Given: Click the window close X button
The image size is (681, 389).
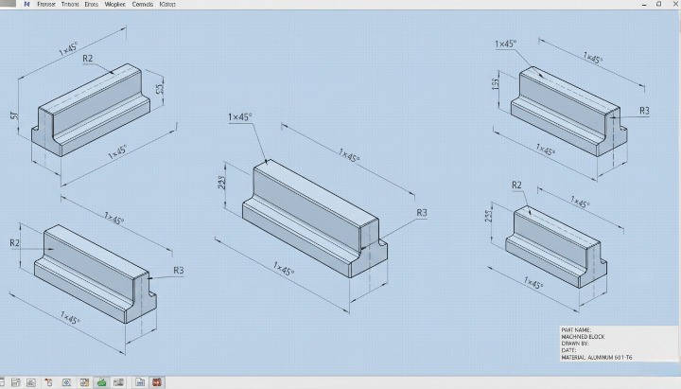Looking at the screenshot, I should (x=672, y=5).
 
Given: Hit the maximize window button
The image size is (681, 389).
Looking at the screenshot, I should (x=658, y=5).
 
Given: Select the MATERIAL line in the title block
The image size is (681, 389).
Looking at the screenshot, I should (x=597, y=357).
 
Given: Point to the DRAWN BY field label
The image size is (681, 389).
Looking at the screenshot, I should (x=575, y=343).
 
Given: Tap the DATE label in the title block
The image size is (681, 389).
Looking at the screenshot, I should (x=568, y=350).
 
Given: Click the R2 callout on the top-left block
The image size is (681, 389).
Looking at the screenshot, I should (x=88, y=59).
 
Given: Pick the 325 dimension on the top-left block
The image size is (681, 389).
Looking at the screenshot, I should (x=161, y=90).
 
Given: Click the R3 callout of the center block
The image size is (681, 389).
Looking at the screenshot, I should (x=422, y=213).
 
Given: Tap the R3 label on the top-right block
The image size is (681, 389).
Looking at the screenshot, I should (x=644, y=111).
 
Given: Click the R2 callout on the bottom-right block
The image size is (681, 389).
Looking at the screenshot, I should (x=516, y=185).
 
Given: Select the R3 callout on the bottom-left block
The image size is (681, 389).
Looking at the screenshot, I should (x=179, y=271).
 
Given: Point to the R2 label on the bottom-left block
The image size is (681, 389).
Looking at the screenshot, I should (x=15, y=243).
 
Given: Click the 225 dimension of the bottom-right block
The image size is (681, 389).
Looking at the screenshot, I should (x=489, y=216).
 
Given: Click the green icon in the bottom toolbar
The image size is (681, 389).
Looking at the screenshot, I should (x=100, y=382).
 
